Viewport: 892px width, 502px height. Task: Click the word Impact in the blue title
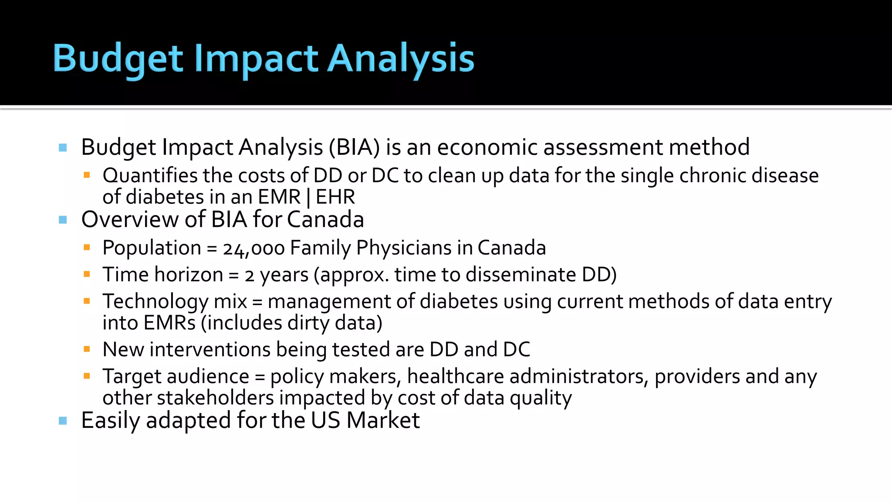click(x=256, y=59)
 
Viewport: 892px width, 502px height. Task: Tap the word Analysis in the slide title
click(x=400, y=59)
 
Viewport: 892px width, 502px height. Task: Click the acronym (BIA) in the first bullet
click(x=355, y=147)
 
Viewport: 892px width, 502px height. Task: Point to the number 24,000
click(x=253, y=248)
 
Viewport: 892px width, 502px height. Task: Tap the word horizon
click(x=189, y=275)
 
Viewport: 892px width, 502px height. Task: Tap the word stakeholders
click(x=215, y=398)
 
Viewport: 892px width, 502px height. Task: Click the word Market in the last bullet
click(x=383, y=421)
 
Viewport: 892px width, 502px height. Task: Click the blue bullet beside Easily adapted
click(x=63, y=421)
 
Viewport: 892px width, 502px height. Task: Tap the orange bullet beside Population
click(x=87, y=248)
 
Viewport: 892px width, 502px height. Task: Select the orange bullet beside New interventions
click(x=87, y=349)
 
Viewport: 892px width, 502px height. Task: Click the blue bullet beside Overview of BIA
click(x=63, y=220)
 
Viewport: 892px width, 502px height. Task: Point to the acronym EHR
click(x=335, y=197)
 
